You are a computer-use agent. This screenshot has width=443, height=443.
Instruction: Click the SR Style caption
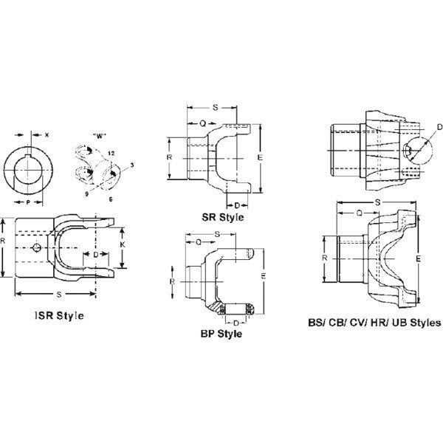pyautogui.click(x=224, y=219)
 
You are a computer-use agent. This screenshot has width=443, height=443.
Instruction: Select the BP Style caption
pyautogui.click(x=221, y=334)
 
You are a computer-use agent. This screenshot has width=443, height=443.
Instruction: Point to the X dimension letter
pyautogui.click(x=46, y=135)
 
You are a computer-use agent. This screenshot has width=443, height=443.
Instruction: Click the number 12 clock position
pyautogui.click(x=109, y=152)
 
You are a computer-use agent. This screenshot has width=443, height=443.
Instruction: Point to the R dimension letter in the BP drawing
pyautogui.click(x=171, y=281)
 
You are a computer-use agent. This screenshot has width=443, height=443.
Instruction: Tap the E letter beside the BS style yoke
pyautogui.click(x=418, y=259)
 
